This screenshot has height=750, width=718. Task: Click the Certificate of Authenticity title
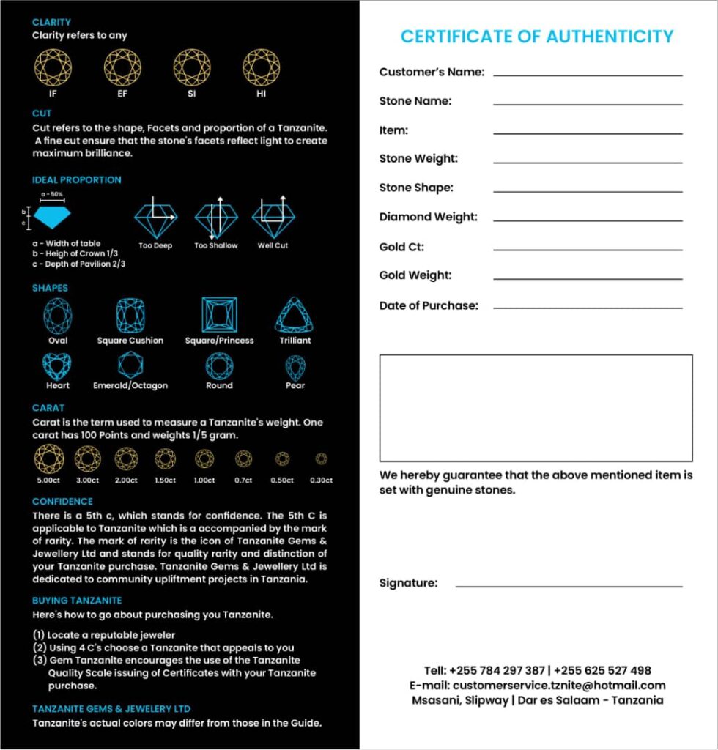[x=536, y=37]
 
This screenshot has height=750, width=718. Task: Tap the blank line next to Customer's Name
[x=588, y=75]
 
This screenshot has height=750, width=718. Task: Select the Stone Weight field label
[x=418, y=159]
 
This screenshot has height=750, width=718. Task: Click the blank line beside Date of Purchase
[x=588, y=308]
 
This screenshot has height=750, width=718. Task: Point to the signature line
[x=569, y=586]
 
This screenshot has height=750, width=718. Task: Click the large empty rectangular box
[x=536, y=408]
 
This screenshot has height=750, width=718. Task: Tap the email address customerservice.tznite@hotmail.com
[x=560, y=686]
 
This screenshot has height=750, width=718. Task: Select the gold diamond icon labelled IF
[x=53, y=67]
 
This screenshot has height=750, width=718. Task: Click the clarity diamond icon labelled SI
[x=192, y=67]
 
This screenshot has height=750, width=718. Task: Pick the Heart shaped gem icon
[x=57, y=365]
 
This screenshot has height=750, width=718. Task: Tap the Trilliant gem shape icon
[x=295, y=315]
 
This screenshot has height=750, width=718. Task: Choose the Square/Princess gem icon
[x=219, y=315]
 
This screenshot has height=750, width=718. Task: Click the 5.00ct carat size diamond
[x=49, y=459]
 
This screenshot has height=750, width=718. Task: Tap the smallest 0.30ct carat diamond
[x=321, y=459]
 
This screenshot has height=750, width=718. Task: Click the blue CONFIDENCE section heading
[x=62, y=502]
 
